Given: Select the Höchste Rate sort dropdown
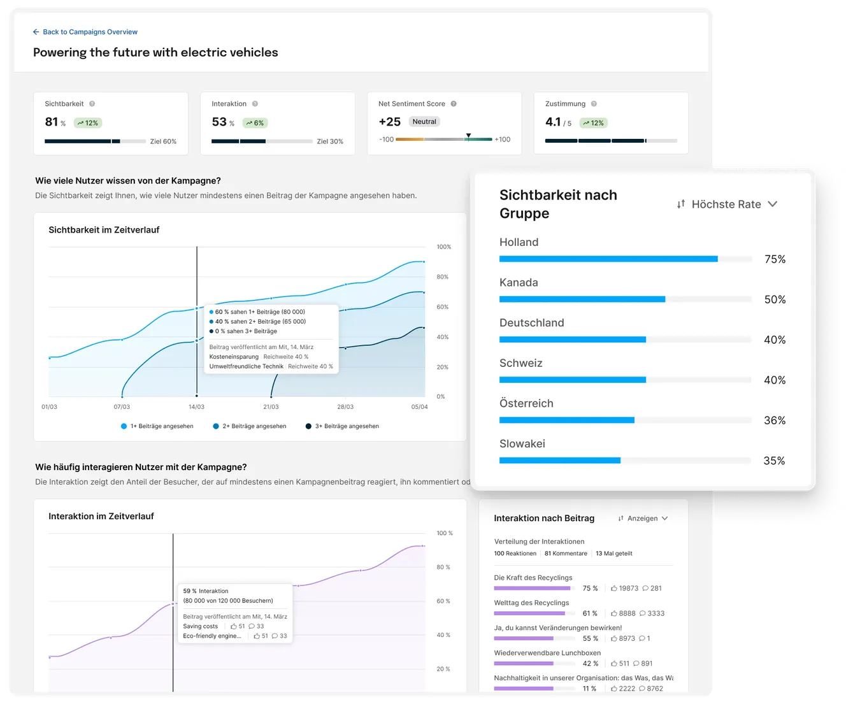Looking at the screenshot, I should point(727,204).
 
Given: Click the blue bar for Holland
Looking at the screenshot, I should point(608,259).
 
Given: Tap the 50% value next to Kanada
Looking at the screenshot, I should point(775,299).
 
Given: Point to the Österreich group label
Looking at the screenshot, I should point(526,403).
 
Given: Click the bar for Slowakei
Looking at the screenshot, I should point(559,461).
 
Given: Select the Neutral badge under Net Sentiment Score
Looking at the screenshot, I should point(424,122).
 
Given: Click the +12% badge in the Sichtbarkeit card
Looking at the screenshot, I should point(88,123).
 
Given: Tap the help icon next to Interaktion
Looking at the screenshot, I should point(255,104).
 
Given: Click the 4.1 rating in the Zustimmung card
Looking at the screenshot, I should point(553,122).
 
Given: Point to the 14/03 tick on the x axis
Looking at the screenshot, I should point(196,406).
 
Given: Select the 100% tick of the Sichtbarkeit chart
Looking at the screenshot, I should point(443,247).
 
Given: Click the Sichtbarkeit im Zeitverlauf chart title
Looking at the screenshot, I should point(104,230).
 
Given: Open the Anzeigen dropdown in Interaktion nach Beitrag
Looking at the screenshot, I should point(643,519).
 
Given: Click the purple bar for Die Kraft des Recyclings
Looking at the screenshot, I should point(533,588).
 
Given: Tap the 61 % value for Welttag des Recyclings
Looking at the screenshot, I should point(590,613).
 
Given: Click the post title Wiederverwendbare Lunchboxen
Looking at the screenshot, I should point(547,653).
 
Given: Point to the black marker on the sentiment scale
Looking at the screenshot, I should point(468,136).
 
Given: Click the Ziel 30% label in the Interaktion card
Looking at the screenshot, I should point(329,141).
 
